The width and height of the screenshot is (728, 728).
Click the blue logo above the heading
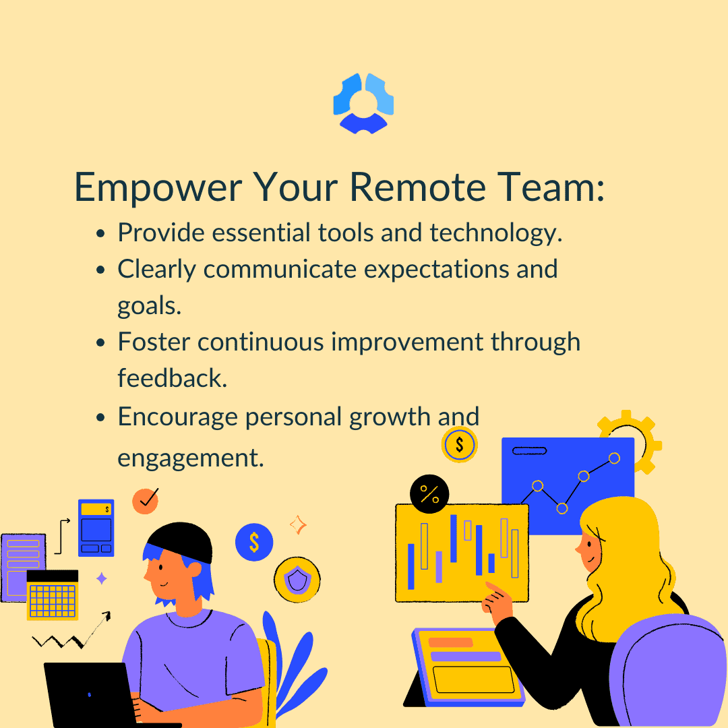point(363,103)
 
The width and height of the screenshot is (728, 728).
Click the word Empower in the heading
point(158,187)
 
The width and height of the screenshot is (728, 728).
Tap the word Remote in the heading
point(417,187)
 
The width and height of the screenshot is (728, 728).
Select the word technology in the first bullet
point(496,233)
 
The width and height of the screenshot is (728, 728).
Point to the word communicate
point(280,269)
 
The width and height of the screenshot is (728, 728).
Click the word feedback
point(173,377)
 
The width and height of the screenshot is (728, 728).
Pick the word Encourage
point(178,417)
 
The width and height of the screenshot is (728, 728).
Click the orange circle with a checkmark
point(146,501)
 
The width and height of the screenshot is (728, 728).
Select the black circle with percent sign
point(429,494)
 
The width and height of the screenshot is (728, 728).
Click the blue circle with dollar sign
point(254,542)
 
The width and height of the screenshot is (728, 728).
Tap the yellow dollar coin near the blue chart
point(459,444)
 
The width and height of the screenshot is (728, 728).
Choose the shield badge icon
point(297,580)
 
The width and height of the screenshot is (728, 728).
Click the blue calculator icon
point(96,528)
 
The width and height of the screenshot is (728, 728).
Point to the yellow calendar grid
point(53,595)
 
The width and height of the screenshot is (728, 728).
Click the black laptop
point(93,694)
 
